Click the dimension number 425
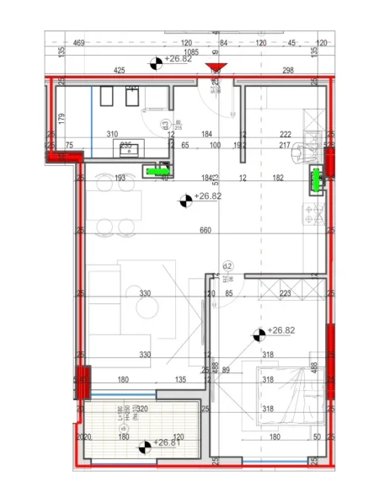[120, 70]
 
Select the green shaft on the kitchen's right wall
[317, 179]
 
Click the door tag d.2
[226, 266]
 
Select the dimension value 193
[120, 178]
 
